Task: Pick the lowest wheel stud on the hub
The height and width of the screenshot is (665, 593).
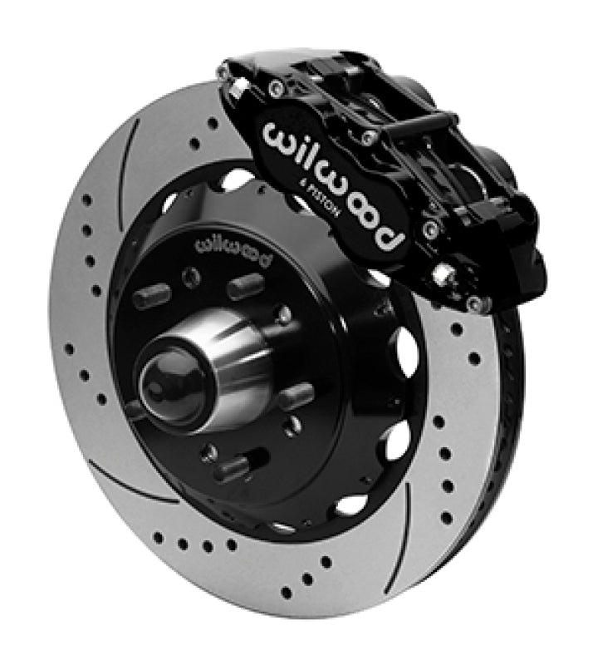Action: [x=233, y=469]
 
